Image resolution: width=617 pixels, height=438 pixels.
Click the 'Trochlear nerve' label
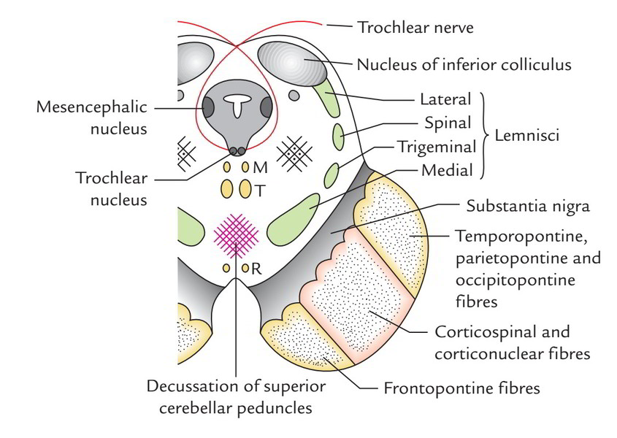pyautogui.click(x=415, y=28)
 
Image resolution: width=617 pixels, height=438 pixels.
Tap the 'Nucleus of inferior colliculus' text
pyautogui.click(x=464, y=64)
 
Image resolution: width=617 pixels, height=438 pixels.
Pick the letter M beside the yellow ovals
pyautogui.click(x=261, y=168)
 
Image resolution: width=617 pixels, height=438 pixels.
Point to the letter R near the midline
pyautogui.click(x=256, y=269)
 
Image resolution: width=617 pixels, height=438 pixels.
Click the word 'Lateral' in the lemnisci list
pyautogui.click(x=446, y=99)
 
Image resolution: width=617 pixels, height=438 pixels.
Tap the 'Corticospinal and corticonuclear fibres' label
pyautogui.click(x=502, y=343)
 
